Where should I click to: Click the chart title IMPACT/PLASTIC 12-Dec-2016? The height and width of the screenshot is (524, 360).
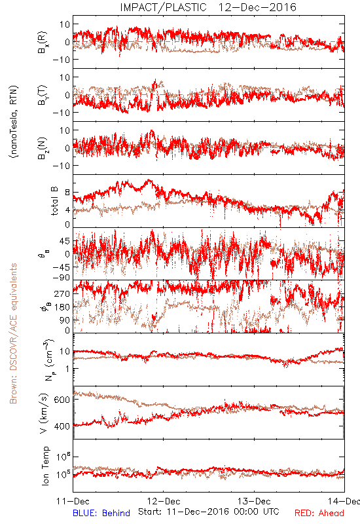(x=208, y=7)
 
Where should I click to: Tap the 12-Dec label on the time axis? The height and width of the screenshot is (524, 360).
(x=164, y=501)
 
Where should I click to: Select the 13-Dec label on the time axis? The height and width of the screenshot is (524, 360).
(x=254, y=501)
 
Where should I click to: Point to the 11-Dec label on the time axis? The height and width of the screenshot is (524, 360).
(x=73, y=501)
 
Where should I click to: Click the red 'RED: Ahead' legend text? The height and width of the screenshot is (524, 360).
(x=319, y=513)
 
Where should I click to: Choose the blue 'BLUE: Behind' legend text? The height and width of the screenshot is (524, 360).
(x=101, y=513)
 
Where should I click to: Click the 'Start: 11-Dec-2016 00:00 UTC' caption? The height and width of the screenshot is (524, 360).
(x=209, y=512)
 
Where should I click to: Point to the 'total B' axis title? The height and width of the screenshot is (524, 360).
(x=54, y=201)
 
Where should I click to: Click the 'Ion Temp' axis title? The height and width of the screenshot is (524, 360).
(x=45, y=466)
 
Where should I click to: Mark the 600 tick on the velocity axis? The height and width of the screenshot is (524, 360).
(x=62, y=400)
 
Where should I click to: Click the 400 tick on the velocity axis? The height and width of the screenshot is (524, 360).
(x=62, y=426)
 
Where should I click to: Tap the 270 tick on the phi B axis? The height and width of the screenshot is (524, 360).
(x=62, y=293)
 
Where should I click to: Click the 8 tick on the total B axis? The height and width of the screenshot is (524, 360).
(x=67, y=193)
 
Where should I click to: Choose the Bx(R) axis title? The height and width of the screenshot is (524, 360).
(x=42, y=42)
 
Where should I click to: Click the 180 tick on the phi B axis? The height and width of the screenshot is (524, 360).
(x=62, y=307)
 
